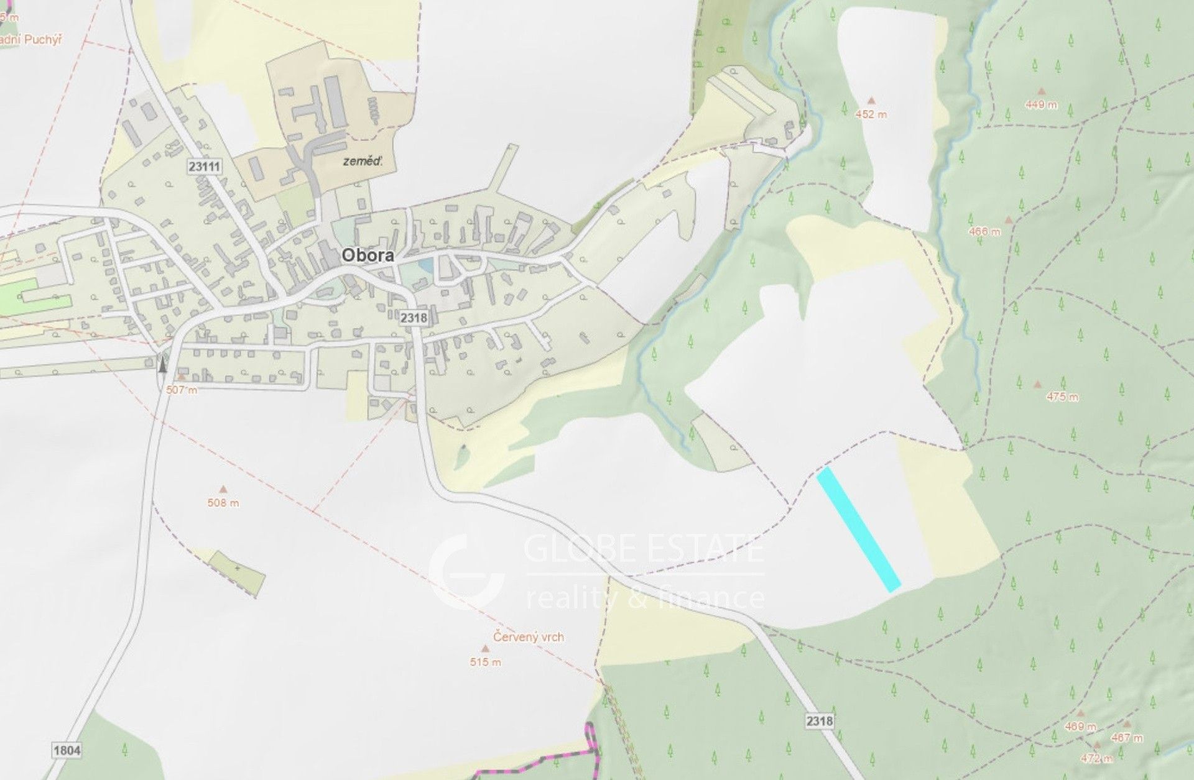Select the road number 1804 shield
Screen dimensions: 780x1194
click(67, 750)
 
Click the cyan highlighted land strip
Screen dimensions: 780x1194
click(859, 530)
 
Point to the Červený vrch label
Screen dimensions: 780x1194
click(529, 637)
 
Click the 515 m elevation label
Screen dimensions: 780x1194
click(486, 662)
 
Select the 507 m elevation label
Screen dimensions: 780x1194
click(182, 390)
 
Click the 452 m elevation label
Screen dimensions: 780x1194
click(871, 114)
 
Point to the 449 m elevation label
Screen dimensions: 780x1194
click(1041, 105)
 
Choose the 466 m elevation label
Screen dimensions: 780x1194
click(985, 232)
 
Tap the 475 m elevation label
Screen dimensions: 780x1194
click(1062, 397)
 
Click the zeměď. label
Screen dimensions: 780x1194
click(363, 161)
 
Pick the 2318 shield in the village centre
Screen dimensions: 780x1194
click(414, 318)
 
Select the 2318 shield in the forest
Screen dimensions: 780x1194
click(818, 721)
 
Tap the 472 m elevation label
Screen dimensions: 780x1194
click(1096, 758)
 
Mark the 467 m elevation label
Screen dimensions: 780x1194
click(1128, 738)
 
